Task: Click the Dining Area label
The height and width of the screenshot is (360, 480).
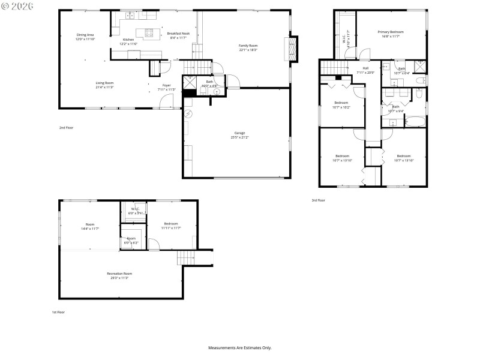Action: (x=86, y=37)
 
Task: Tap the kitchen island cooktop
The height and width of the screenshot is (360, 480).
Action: (x=150, y=33)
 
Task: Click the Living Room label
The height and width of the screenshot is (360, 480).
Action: (x=104, y=85)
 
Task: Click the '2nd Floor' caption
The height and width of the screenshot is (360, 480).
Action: (x=66, y=128)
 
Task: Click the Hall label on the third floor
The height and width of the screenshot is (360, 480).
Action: (x=365, y=68)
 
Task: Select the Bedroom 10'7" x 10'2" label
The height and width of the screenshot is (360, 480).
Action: (x=341, y=105)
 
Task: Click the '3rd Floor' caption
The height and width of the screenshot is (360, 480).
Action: (x=318, y=200)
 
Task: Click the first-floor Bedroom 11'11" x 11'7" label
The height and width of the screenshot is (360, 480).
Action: (x=171, y=226)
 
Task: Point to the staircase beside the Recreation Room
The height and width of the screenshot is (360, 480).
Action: (x=185, y=257)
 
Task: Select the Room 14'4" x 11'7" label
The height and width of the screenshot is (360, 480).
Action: (x=89, y=226)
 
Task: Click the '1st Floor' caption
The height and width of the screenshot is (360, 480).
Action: (x=58, y=313)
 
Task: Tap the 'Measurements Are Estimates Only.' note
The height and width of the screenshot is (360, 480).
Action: (x=239, y=347)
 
